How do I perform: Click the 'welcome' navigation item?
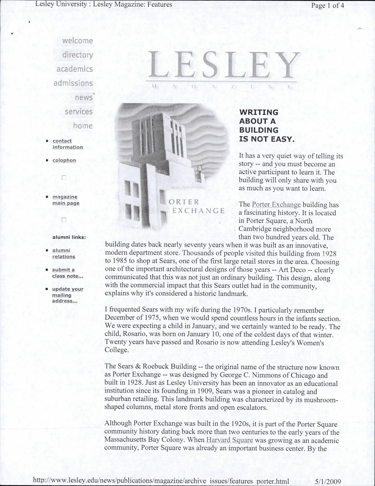(77, 41)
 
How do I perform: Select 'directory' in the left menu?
(78, 55)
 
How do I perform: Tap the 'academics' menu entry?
(75, 69)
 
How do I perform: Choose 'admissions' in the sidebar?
(73, 83)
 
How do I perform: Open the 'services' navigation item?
(79, 112)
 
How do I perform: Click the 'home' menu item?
(83, 126)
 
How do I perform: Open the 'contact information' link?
(67, 144)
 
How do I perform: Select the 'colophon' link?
(64, 160)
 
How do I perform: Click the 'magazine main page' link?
(66, 200)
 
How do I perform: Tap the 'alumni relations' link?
(64, 253)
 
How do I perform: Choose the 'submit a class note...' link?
(68, 273)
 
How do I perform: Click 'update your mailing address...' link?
(67, 295)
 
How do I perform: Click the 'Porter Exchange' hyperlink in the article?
(276, 205)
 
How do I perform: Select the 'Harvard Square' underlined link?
(229, 440)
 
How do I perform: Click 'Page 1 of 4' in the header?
(327, 5)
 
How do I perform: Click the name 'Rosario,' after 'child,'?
(133, 334)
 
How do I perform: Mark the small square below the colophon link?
(64, 178)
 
